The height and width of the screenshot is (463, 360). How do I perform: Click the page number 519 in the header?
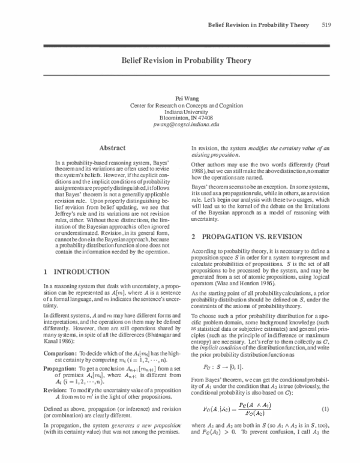[327, 25]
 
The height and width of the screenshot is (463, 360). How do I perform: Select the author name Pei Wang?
[181, 97]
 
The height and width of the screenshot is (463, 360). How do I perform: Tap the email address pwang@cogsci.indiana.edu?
[181, 124]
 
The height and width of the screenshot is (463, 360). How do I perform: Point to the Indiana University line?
[181, 111]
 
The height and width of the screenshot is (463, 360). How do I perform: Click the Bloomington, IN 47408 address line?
[181, 118]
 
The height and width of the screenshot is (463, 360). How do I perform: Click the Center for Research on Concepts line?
[181, 104]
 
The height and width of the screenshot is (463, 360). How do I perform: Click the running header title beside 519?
[258, 25]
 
